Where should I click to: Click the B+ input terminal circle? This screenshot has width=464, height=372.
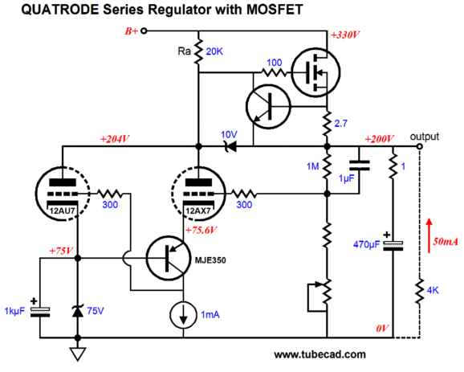[144, 31]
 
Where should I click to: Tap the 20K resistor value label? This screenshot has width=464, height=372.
[214, 52]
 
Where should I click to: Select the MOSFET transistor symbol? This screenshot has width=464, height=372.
[315, 72]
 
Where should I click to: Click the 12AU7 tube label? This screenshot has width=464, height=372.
[62, 211]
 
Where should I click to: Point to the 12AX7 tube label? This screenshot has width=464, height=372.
[198, 211]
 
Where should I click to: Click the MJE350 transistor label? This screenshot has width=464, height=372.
[210, 260]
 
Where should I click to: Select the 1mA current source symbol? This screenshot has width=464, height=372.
[184, 315]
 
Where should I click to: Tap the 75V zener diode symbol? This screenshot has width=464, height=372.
[78, 310]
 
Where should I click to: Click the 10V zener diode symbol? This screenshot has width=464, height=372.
[230, 146]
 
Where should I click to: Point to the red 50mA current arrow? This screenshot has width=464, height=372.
[429, 235]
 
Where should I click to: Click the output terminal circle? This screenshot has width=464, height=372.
[419, 146]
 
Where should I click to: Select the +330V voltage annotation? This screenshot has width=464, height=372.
[345, 35]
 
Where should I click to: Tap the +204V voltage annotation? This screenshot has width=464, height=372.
[115, 139]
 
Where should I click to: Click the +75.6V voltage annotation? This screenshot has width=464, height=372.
[201, 230]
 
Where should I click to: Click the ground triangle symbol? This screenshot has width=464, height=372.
[78, 354]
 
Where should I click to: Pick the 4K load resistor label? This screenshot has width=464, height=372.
[433, 290]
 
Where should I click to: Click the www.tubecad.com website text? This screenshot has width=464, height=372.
[320, 354]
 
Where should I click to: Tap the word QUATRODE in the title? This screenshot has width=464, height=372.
[60, 10]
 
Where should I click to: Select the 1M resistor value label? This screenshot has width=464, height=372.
[313, 166]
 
